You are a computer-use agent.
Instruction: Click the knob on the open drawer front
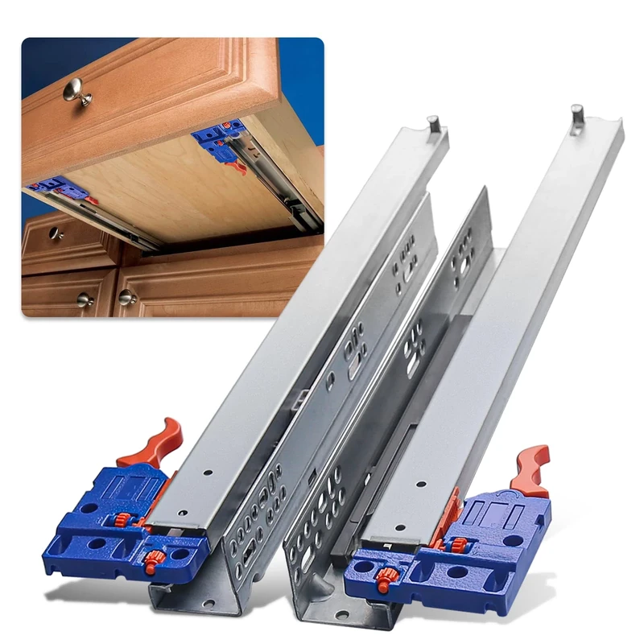click(x=76, y=91)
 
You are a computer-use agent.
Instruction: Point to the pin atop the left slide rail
click(x=432, y=124)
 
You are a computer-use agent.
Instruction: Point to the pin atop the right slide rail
click(x=577, y=114)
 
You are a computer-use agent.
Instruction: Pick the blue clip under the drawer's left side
click(x=60, y=192)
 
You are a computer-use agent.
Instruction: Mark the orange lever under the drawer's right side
click(x=235, y=167)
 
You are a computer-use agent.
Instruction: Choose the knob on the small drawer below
click(x=54, y=233)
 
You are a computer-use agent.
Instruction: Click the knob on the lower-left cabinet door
click(x=85, y=299)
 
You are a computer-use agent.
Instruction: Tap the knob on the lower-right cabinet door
click(x=126, y=297)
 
